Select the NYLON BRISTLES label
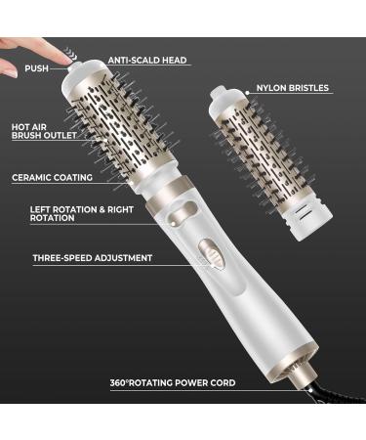(x=293, y=88)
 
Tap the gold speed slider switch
(x=207, y=253)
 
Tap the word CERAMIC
(x=31, y=178)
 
